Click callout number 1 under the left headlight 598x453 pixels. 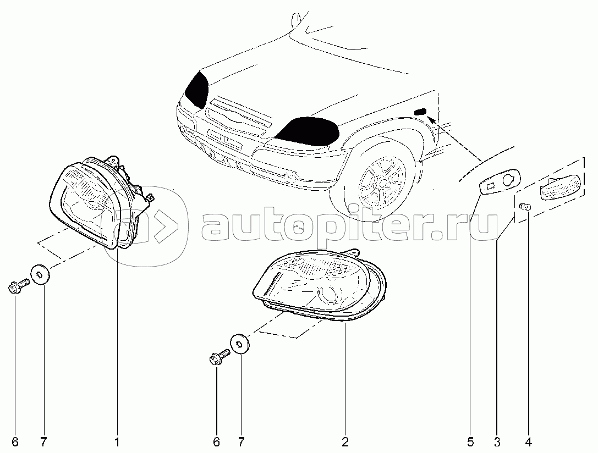pyautogui.click(x=117, y=442)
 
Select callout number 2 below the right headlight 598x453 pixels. pyautogui.click(x=345, y=442)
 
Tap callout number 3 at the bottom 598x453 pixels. pyautogui.click(x=497, y=442)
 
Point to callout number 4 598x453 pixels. pyautogui.click(x=528, y=442)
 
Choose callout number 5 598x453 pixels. pyautogui.click(x=470, y=442)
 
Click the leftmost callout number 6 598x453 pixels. pyautogui.click(x=15, y=442)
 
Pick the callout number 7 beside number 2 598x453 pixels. pyautogui.click(x=241, y=442)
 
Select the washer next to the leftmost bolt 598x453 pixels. pyautogui.click(x=40, y=274)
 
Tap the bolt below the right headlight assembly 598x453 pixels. pyautogui.click(x=220, y=358)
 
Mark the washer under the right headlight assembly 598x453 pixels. pyautogui.click(x=239, y=344)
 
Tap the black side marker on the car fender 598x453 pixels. pyautogui.click(x=420, y=112)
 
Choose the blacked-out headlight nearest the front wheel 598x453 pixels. pyautogui.click(x=308, y=131)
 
